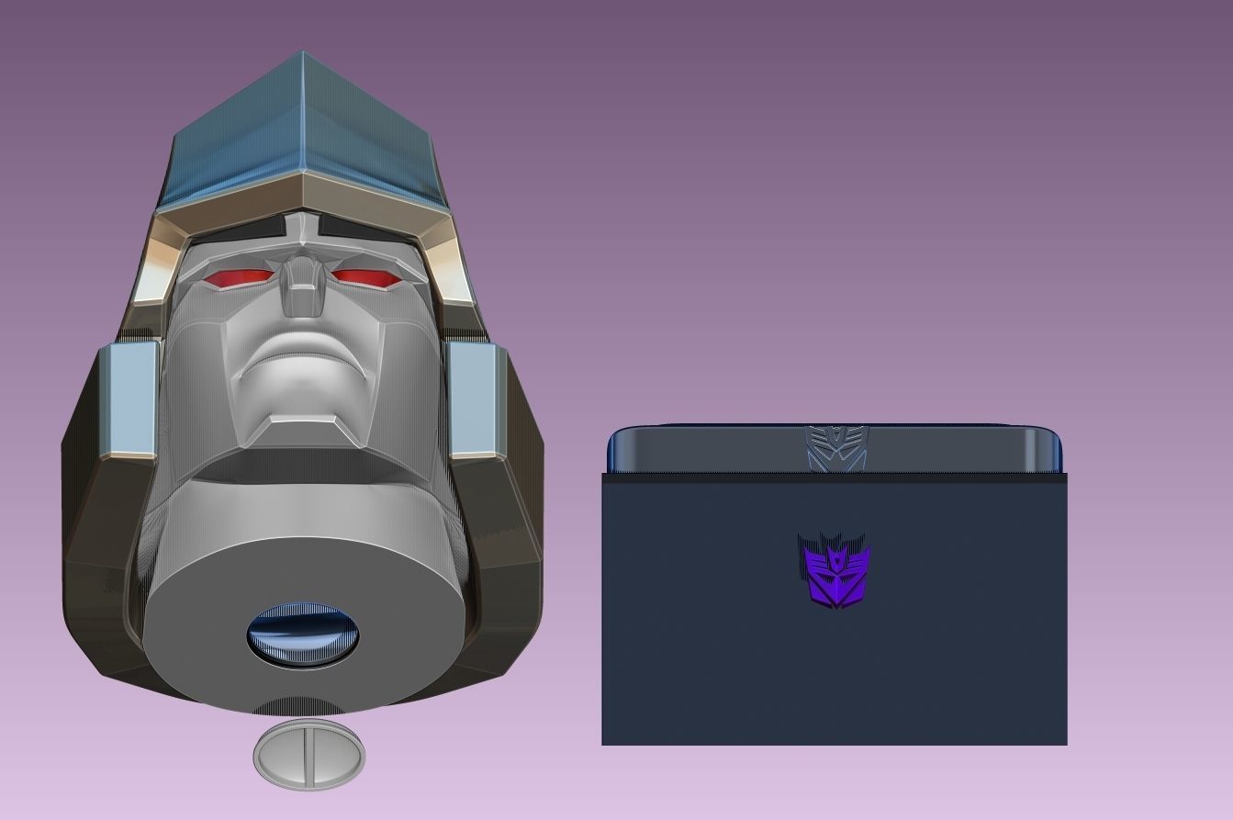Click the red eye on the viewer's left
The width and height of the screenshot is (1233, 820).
[240, 278]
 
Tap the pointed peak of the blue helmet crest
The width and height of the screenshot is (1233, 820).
[303, 57]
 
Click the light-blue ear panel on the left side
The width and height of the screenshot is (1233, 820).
[127, 399]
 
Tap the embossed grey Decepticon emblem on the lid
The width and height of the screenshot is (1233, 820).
[835, 448]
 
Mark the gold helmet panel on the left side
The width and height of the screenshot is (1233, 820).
[158, 262]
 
